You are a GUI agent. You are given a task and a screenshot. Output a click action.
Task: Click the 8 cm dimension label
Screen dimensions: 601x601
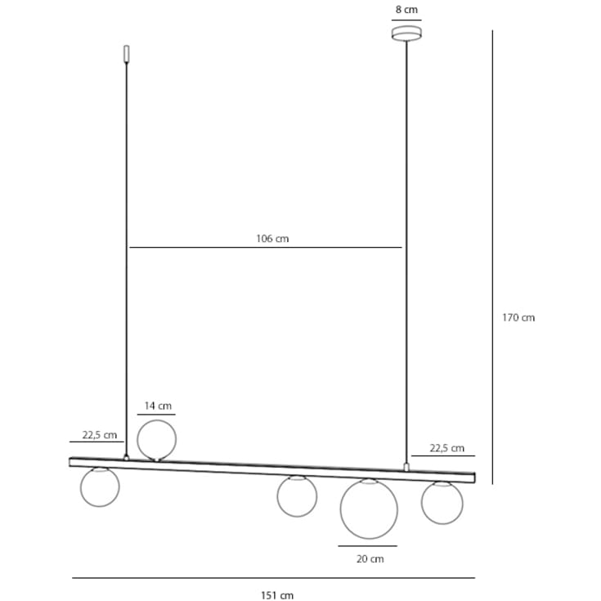[x=406, y=10]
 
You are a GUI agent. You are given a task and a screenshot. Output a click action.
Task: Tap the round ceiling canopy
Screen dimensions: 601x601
[x=406, y=33]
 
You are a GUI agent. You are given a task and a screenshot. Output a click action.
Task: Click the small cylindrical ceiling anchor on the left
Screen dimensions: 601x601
[x=126, y=54]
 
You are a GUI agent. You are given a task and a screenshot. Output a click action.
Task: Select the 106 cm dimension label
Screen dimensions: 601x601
[x=272, y=239]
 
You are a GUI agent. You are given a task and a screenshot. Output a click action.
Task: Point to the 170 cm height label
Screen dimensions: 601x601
[x=518, y=318]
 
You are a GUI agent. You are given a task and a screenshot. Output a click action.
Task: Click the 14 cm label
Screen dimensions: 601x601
[x=158, y=406]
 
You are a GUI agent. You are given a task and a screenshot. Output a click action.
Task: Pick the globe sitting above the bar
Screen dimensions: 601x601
[x=157, y=440]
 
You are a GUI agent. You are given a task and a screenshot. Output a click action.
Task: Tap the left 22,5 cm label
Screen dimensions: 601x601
[x=99, y=435]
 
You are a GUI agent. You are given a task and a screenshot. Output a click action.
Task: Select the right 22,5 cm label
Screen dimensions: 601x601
[x=447, y=448]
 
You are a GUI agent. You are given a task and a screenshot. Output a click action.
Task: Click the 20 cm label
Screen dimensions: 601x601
[x=370, y=559]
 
